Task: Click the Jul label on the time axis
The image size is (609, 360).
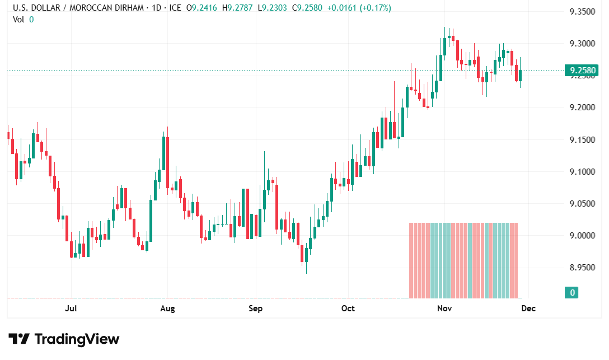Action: point(71,308)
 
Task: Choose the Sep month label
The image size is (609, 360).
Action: point(255,308)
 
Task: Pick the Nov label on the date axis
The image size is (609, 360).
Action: point(444,308)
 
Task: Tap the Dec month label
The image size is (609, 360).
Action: point(528,308)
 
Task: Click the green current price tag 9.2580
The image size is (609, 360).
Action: point(582,71)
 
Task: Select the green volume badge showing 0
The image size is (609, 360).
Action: point(573,292)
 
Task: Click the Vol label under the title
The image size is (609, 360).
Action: point(18,19)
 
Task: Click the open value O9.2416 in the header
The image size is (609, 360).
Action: point(204,8)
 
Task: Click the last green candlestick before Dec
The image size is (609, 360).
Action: point(520,76)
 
